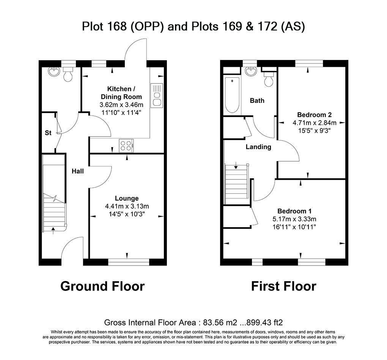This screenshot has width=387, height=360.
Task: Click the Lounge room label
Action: [127, 198]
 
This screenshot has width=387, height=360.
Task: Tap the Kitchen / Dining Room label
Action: [121, 93]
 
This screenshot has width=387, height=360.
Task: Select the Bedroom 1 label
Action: [294, 211]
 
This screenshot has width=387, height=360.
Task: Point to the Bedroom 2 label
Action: [314, 115]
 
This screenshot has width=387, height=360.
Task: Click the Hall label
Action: [78, 171]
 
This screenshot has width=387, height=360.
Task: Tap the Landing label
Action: [258, 147]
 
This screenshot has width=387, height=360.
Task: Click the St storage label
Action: [48, 133]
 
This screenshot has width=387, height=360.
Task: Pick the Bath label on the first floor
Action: [257, 101]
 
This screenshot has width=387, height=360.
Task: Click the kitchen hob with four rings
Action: [127, 145]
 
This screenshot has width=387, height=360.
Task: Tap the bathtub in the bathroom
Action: [232, 95]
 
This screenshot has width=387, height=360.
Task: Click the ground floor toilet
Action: [68, 75]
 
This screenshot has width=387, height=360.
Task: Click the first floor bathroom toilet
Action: [269, 79]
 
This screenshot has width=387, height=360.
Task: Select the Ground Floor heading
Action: [102, 286]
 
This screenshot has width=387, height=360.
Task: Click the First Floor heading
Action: [283, 286]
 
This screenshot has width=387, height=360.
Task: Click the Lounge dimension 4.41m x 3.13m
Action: [127, 206]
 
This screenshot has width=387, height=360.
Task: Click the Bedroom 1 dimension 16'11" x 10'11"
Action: [294, 227]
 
